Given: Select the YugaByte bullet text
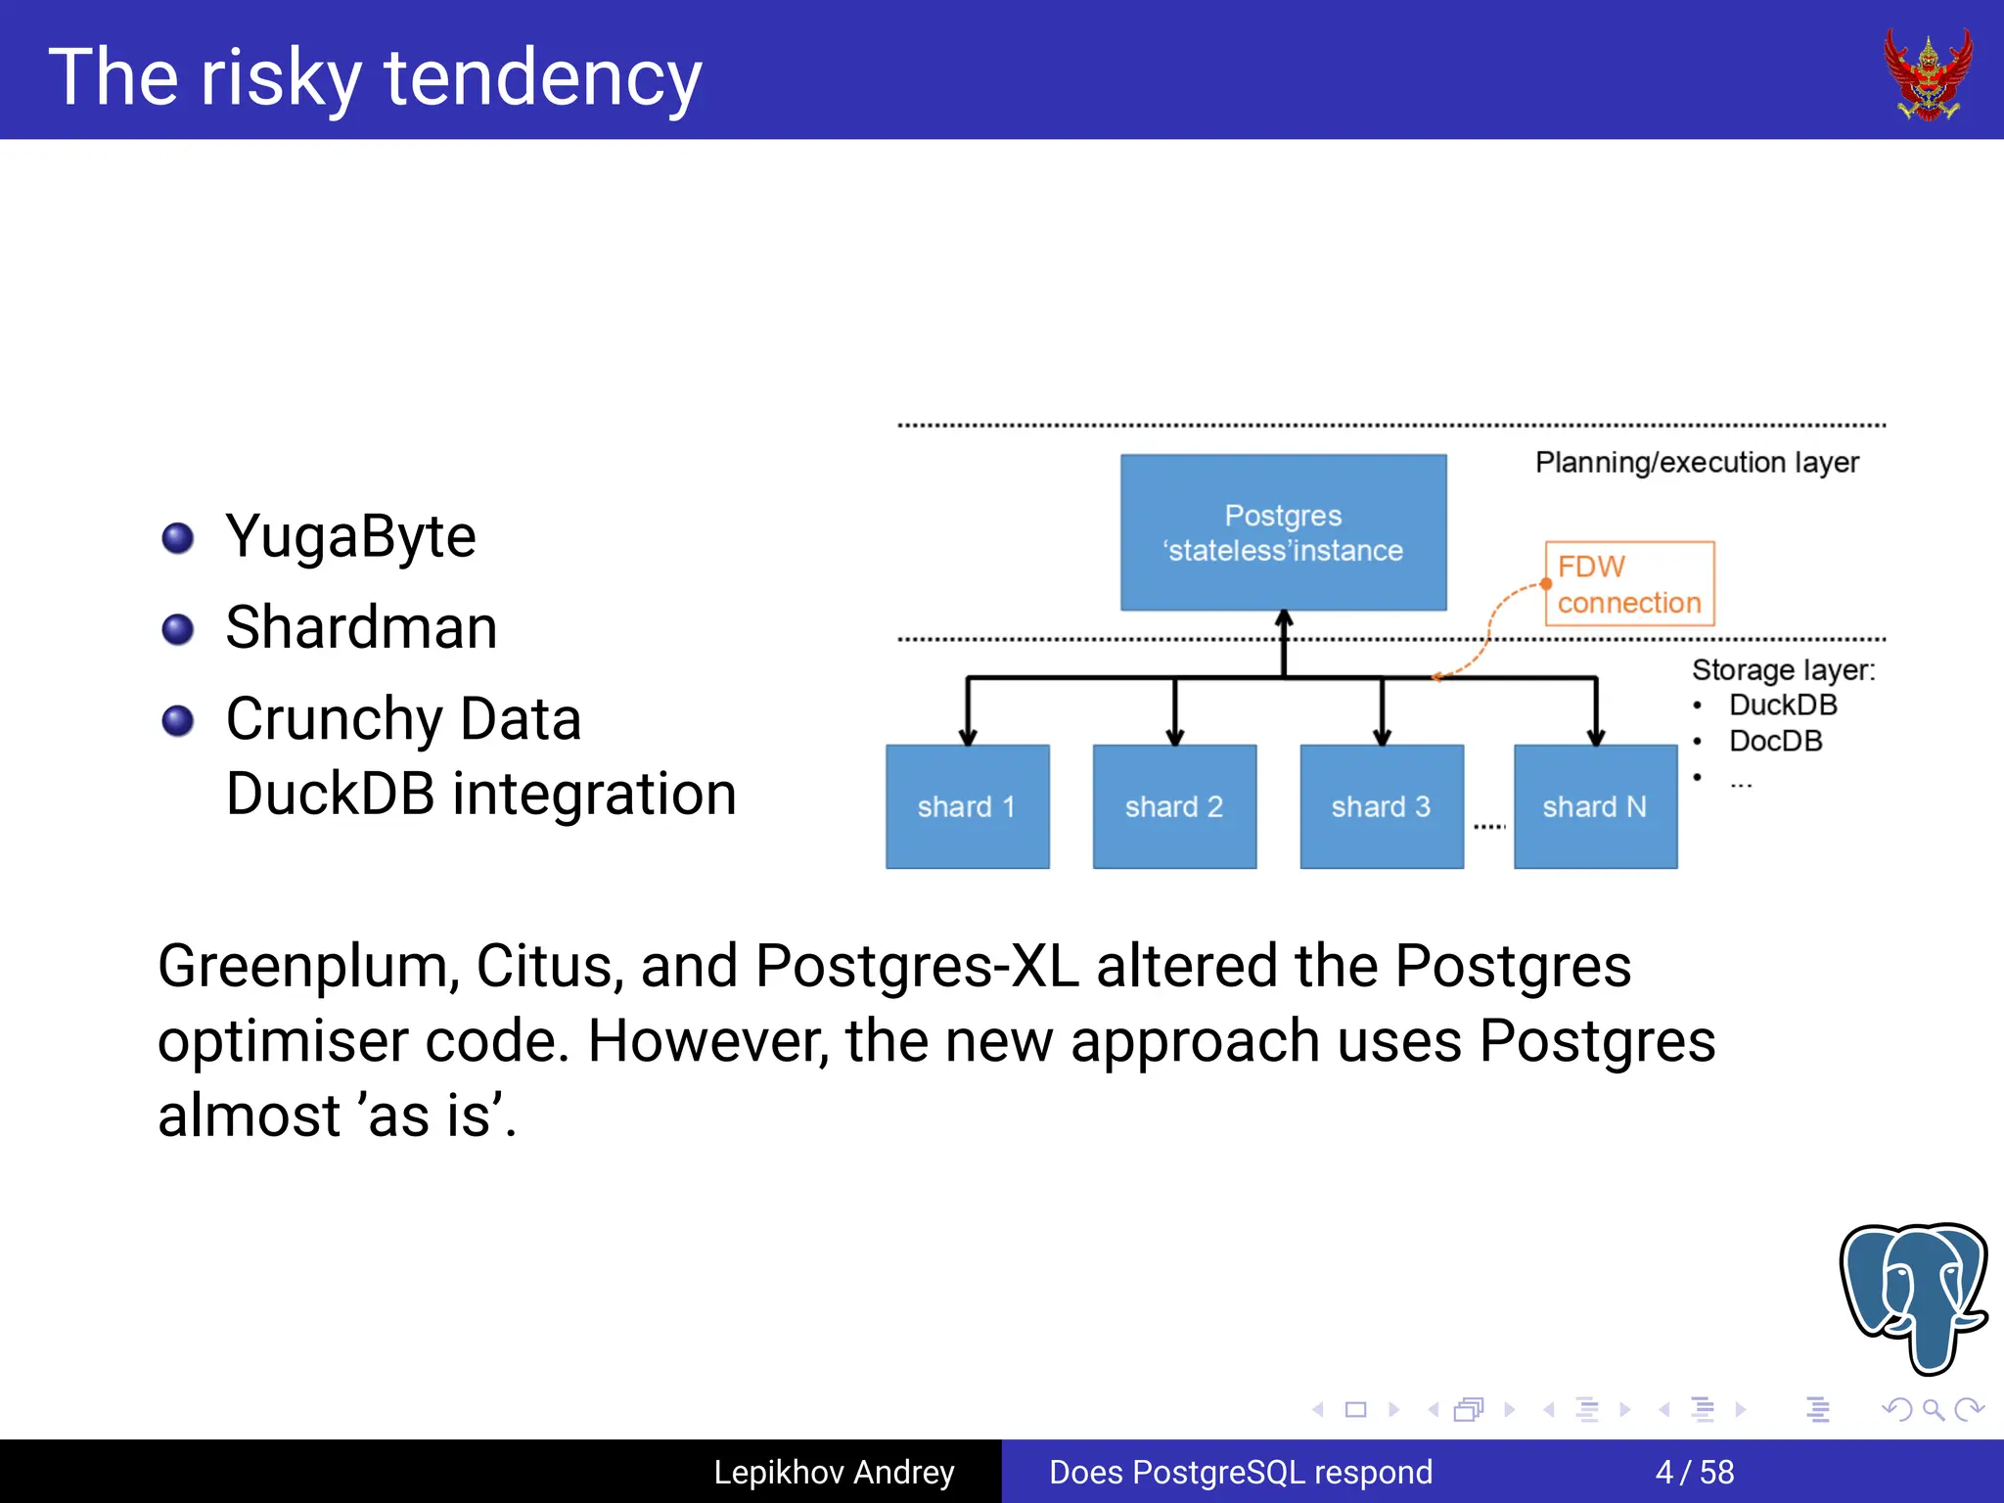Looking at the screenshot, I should [x=350, y=536].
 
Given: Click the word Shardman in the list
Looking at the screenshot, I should [x=361, y=627].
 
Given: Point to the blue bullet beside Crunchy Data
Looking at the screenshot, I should [x=178, y=720].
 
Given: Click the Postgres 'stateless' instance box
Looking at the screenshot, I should [x=1283, y=532].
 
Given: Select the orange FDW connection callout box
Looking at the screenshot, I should [x=1629, y=584].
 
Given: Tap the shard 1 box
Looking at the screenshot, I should [x=967, y=806].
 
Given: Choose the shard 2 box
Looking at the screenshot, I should [x=1174, y=806].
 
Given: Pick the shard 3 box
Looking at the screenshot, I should [x=1381, y=806].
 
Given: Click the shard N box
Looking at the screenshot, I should [x=1595, y=806].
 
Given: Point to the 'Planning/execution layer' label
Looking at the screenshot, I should [x=1696, y=462].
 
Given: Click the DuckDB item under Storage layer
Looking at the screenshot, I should [x=1782, y=705].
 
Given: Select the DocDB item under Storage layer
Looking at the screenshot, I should [x=1775, y=741].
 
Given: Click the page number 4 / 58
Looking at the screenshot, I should [x=1694, y=1472].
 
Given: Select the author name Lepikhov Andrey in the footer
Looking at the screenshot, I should [x=834, y=1472].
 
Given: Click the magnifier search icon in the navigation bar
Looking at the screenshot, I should [x=1933, y=1410].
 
